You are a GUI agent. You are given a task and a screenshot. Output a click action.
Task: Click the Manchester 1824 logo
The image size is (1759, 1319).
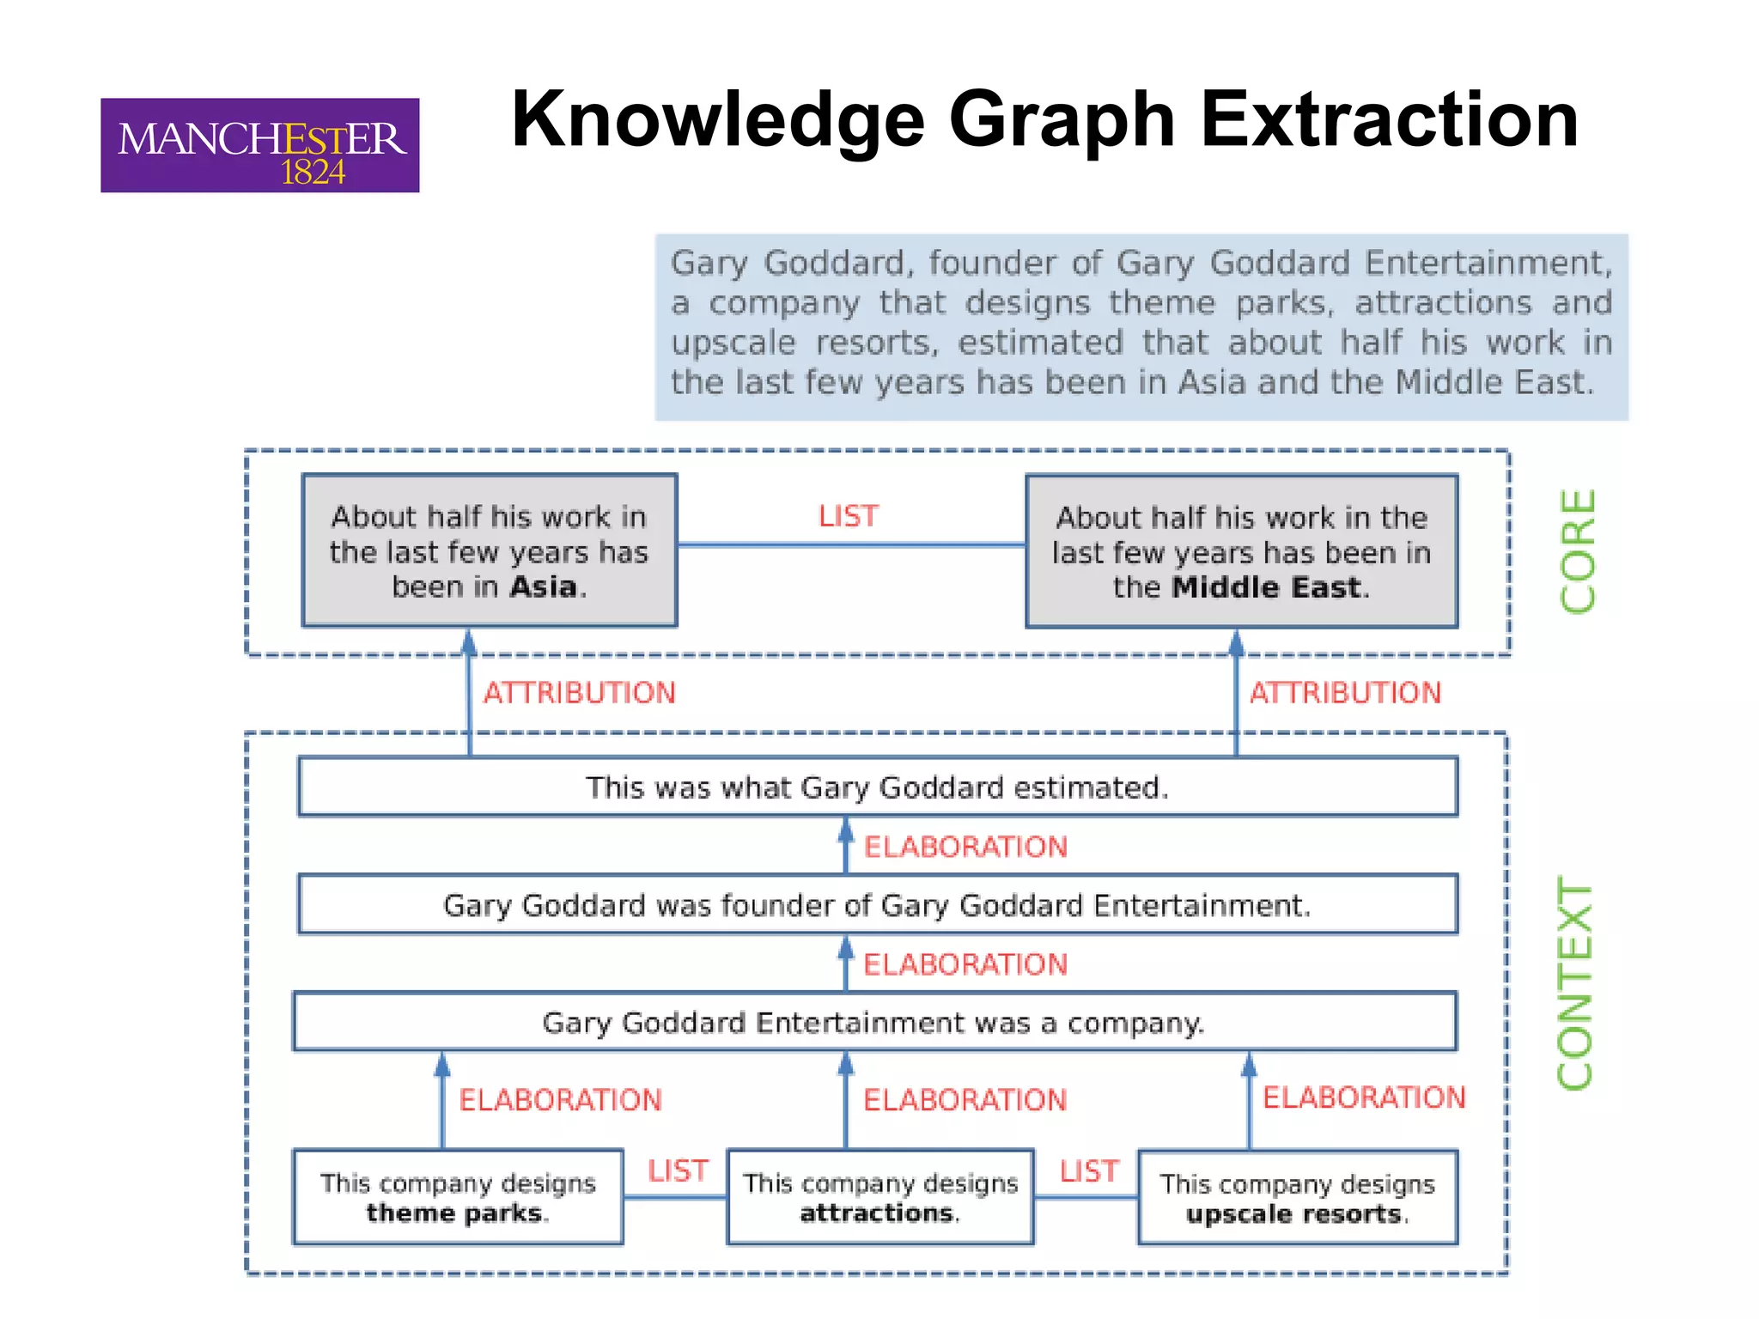pos(259,145)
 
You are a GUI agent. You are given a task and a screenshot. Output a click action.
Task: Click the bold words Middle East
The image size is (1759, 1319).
pos(1267,588)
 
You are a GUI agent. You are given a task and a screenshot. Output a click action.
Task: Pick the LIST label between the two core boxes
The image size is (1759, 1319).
pos(849,516)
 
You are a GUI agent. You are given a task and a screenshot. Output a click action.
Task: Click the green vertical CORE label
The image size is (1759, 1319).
pos(1578,551)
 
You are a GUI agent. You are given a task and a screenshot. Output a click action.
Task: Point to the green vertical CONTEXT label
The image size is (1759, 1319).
pos(1576,983)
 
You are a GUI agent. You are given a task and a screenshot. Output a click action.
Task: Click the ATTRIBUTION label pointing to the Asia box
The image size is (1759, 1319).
pos(580,693)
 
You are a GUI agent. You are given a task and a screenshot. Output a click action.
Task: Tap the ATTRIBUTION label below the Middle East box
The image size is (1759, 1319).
pos(1345,693)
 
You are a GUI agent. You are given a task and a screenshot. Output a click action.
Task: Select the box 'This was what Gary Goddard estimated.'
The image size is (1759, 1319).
pos(877,787)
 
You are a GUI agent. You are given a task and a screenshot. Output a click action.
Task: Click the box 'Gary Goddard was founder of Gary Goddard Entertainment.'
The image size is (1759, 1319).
pos(877,905)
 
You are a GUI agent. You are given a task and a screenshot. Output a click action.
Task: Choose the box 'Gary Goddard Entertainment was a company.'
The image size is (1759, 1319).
pos(873,1023)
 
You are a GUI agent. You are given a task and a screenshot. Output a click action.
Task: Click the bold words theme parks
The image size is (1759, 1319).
pos(455,1213)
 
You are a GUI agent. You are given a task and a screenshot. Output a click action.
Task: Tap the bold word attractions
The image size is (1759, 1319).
pos(878,1213)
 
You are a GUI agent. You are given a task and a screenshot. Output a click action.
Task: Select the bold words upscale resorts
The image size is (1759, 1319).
pos(1294,1214)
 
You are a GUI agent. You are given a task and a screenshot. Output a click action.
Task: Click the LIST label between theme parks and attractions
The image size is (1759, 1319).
pos(678,1171)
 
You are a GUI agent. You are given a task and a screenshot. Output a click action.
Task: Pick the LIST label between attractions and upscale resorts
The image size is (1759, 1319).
pos(1089,1171)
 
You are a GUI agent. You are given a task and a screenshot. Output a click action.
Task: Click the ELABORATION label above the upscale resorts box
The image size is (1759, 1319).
pos(1364,1097)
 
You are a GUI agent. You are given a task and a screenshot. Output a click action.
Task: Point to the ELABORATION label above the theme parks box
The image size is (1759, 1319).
pos(560,1100)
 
